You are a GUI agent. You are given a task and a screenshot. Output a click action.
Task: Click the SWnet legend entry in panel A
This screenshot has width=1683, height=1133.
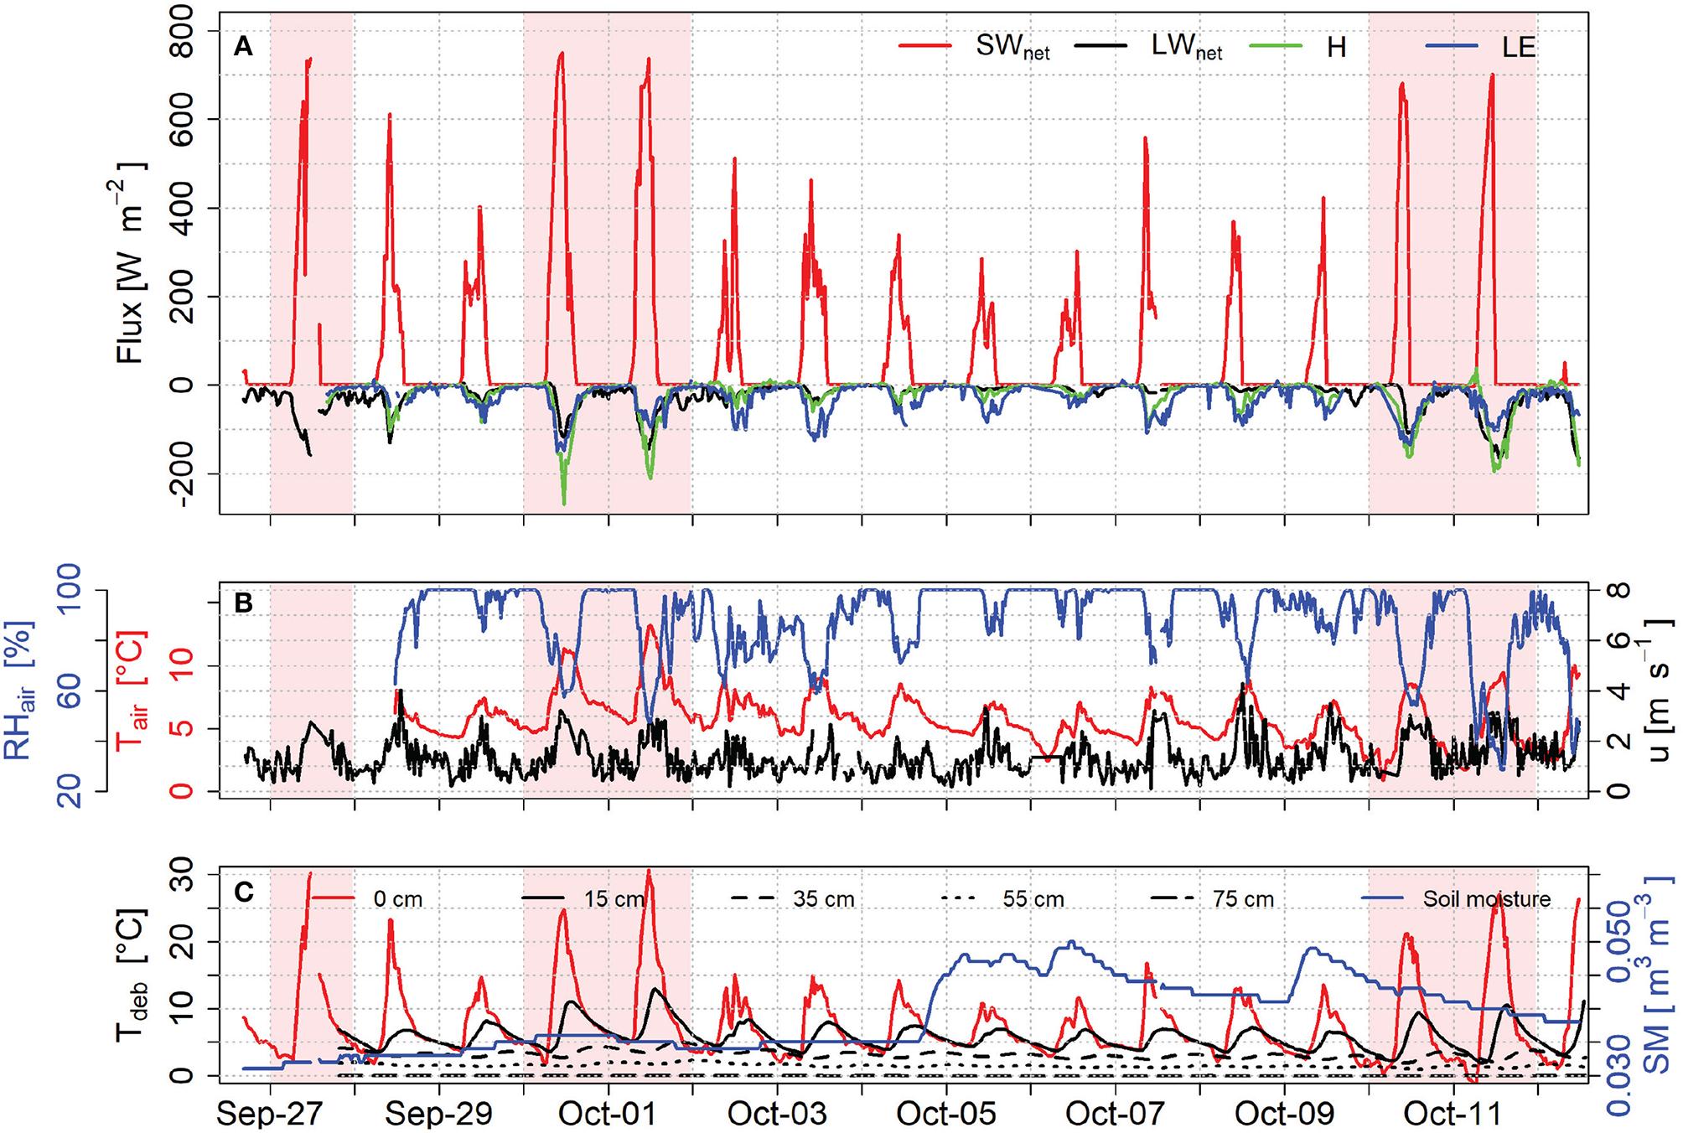coord(1012,47)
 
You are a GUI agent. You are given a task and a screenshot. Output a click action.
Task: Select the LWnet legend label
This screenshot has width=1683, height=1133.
coord(1186,47)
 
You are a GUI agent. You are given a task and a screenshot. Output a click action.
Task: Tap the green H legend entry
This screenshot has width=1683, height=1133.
coord(1336,47)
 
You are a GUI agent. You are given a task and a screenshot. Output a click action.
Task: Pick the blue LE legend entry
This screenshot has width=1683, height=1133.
coord(1518,47)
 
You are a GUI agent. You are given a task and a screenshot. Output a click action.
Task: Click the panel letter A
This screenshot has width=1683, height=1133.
coord(243,46)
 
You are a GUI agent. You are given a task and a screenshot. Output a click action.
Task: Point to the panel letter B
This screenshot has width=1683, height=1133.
coord(243,603)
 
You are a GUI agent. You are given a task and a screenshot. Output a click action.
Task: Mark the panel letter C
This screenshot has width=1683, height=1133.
coord(243,892)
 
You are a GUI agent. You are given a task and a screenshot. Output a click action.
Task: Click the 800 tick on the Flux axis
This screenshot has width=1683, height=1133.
coord(180,31)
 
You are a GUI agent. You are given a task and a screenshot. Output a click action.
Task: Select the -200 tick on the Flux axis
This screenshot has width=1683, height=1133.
coord(180,473)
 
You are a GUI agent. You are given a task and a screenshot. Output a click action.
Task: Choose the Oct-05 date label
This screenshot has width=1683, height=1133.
coord(945,1114)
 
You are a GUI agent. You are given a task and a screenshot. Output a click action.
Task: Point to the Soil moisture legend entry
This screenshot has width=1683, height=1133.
coord(1486,899)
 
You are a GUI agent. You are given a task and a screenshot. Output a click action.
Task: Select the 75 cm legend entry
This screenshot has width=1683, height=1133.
coord(1242,899)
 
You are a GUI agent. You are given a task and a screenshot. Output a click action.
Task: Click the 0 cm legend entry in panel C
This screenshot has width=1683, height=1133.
coord(397,899)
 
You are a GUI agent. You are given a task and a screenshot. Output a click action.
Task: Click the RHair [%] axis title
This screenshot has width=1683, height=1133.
coord(20,691)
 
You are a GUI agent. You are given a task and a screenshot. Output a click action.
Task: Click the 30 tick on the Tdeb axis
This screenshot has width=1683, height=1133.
coord(180,877)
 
